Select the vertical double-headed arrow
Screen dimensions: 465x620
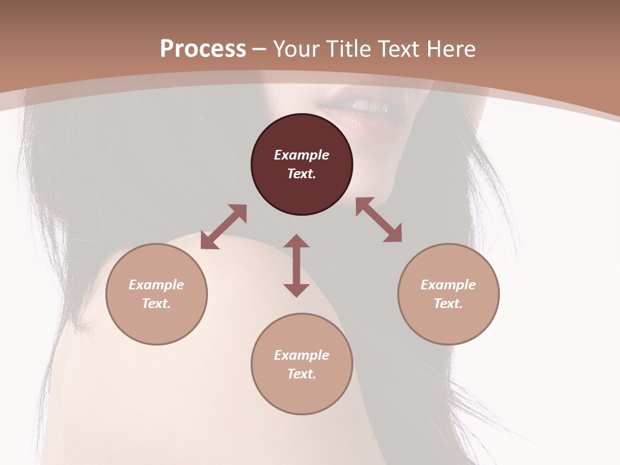pos(296,265)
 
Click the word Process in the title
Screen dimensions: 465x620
pos(203,48)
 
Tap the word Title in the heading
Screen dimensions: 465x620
pos(349,48)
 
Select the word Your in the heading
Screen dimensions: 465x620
pos(297,48)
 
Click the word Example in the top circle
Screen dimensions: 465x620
pos(302,155)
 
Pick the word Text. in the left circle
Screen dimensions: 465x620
pos(156,304)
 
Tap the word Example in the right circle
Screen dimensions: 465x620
pos(448,285)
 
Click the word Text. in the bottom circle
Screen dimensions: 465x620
pos(302,374)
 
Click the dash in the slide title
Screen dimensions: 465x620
pos(260,49)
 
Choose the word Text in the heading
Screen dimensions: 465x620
pos(399,48)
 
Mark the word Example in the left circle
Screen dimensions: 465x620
pos(156,285)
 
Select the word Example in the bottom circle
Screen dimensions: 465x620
pos(302,355)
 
